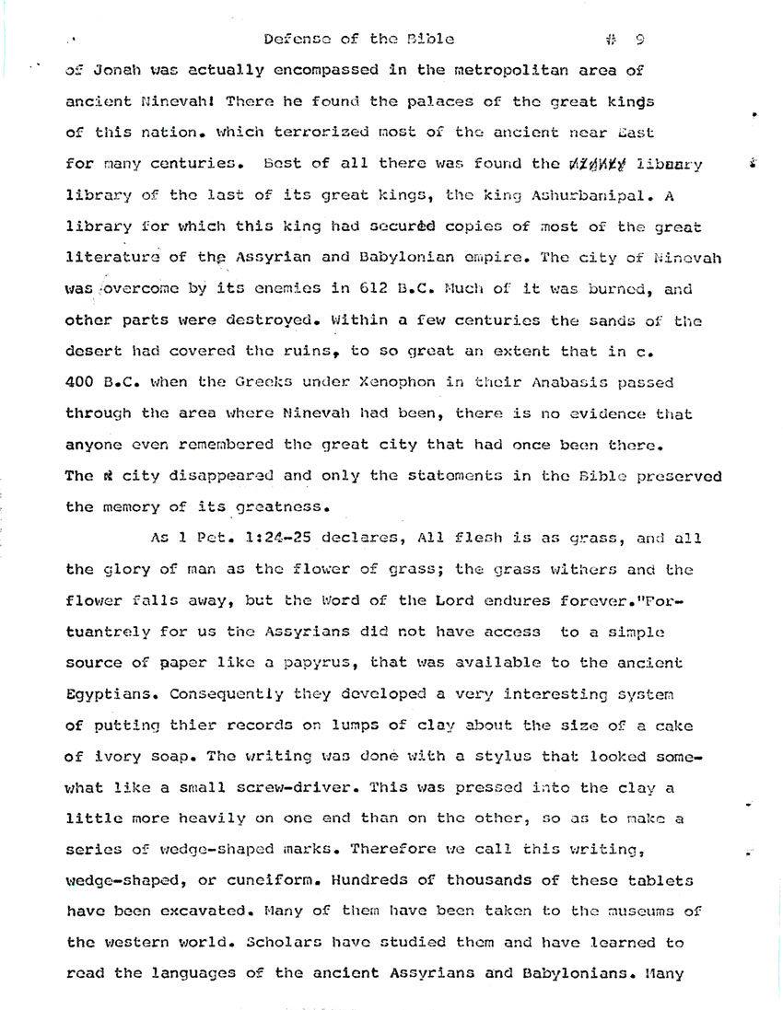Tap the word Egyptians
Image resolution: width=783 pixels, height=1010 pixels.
[103, 694]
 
